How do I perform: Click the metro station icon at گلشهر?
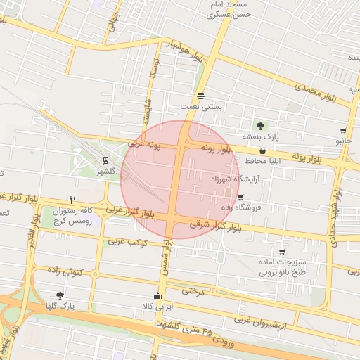coord(105,160)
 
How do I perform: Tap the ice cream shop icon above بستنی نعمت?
coord(202,96)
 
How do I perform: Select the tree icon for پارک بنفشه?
coord(261,125)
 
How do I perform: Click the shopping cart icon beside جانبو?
coord(343,131)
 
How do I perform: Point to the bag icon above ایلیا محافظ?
coord(262,150)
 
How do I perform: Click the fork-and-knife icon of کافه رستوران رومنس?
coord(72,200)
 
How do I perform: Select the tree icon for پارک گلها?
coord(60,295)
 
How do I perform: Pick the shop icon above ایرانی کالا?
coord(157,296)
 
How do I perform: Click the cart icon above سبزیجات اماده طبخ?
coord(282,251)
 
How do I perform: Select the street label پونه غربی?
coord(145,145)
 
